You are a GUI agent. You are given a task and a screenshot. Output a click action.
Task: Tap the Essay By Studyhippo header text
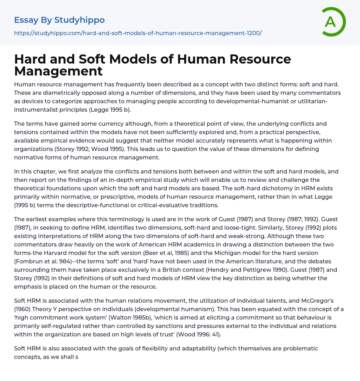click(x=59, y=20)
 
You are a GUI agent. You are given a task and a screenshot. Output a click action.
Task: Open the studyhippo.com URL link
click(x=138, y=33)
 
